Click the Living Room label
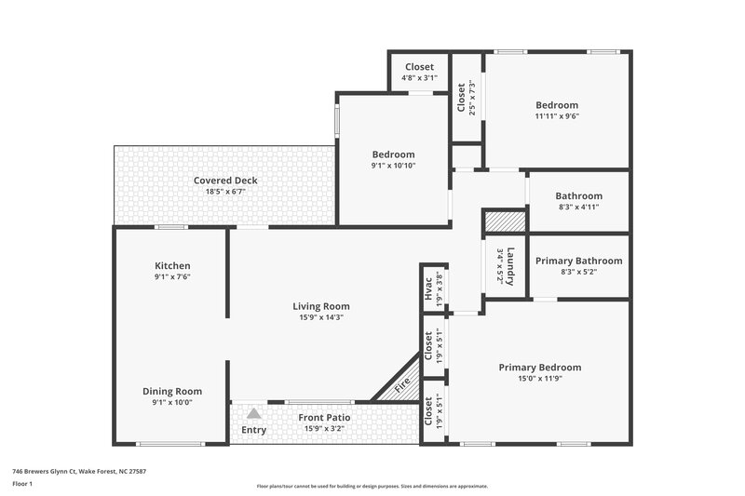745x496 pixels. pos(321,306)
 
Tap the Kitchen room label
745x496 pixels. pos(172,266)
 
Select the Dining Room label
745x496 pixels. pos(172,391)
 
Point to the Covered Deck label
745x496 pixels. pos(225,181)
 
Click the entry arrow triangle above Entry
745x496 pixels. pos(253,413)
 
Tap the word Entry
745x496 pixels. pos(253,430)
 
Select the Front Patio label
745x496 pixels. pos(324,418)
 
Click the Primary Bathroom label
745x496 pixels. pos(578,261)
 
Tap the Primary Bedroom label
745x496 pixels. pos(539,368)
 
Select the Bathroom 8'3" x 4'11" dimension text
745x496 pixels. pos(578,208)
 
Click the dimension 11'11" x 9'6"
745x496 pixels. pos(556,117)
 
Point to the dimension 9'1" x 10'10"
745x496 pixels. pos(393,166)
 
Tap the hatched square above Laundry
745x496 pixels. pos(505,221)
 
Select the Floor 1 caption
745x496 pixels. pos(22,484)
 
